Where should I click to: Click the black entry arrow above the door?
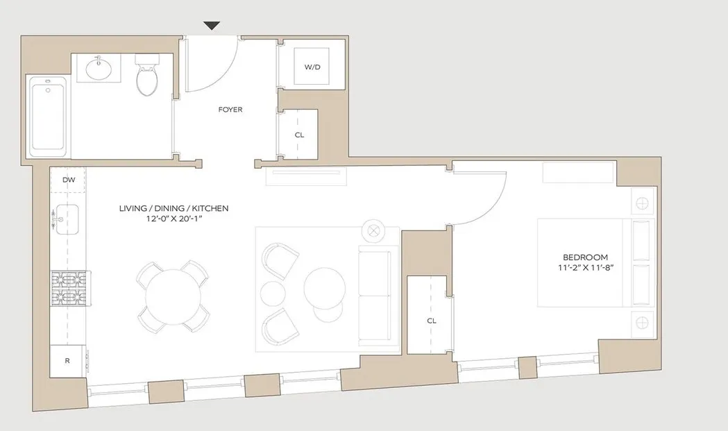coord(212,26)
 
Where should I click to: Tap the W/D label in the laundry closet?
coord(312,67)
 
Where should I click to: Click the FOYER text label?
coord(230,110)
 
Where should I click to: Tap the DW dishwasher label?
coord(68,180)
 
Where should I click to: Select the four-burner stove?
coord(67,287)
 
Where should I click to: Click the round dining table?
coord(173,295)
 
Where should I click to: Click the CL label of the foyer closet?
coord(299,135)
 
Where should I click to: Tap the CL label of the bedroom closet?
coord(431,321)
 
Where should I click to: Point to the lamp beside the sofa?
coord(374,230)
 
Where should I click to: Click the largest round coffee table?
coord(325,287)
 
